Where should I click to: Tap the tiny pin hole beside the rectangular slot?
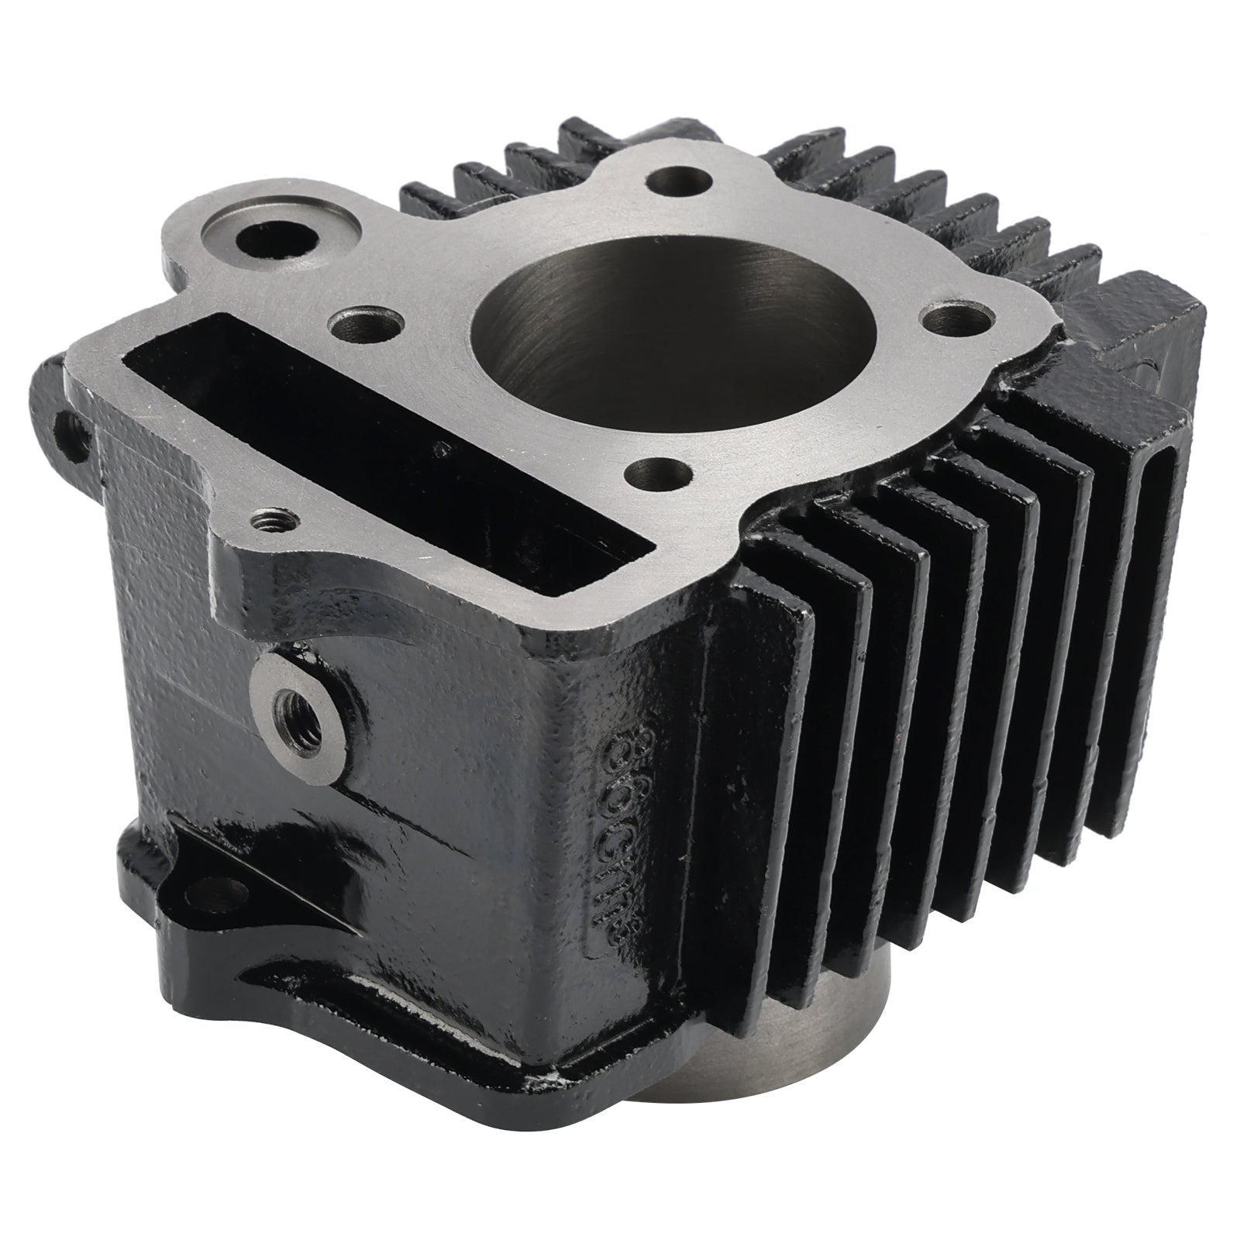[443, 448]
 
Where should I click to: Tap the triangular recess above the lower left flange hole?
[256, 868]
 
